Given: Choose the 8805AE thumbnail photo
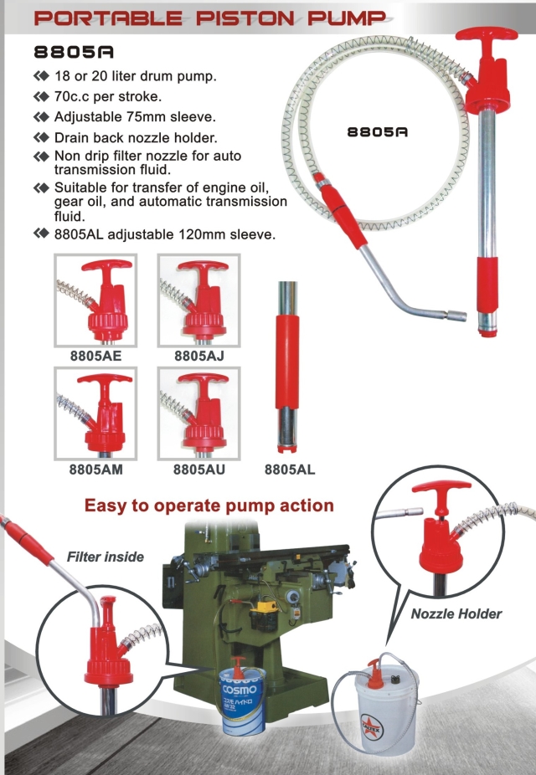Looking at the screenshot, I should pyautogui.click(x=95, y=300).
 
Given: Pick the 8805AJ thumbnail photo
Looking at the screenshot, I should pyautogui.click(x=198, y=300).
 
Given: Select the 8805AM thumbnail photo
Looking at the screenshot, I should pyautogui.click(x=95, y=413).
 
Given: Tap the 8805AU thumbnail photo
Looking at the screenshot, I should pyautogui.click(x=198, y=413).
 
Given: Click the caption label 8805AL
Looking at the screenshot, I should pyautogui.click(x=290, y=470).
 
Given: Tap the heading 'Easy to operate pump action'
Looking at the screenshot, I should pyautogui.click(x=209, y=506).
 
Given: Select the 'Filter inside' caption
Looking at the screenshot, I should pyautogui.click(x=106, y=557).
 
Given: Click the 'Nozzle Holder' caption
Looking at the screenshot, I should pyautogui.click(x=456, y=613).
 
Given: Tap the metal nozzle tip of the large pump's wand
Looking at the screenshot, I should pyautogui.click(x=456, y=316).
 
